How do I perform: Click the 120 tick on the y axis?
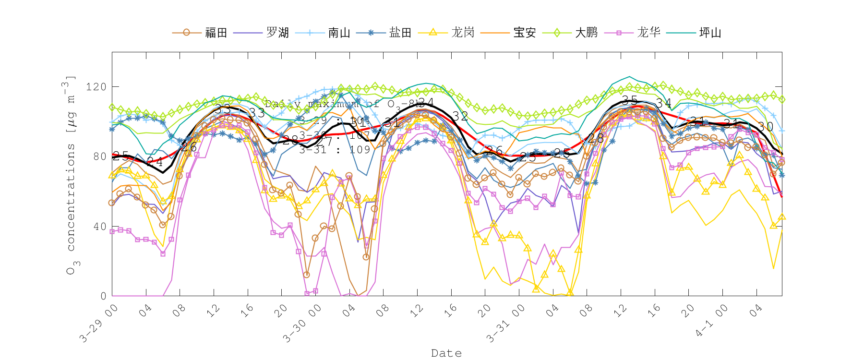click(x=96, y=87)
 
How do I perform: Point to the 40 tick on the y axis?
click(x=99, y=227)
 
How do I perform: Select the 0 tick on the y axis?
click(x=103, y=296)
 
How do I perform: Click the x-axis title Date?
click(x=446, y=353)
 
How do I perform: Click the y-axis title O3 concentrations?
click(x=71, y=175)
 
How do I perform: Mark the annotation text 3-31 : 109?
click(x=335, y=150)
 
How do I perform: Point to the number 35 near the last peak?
click(x=629, y=100)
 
